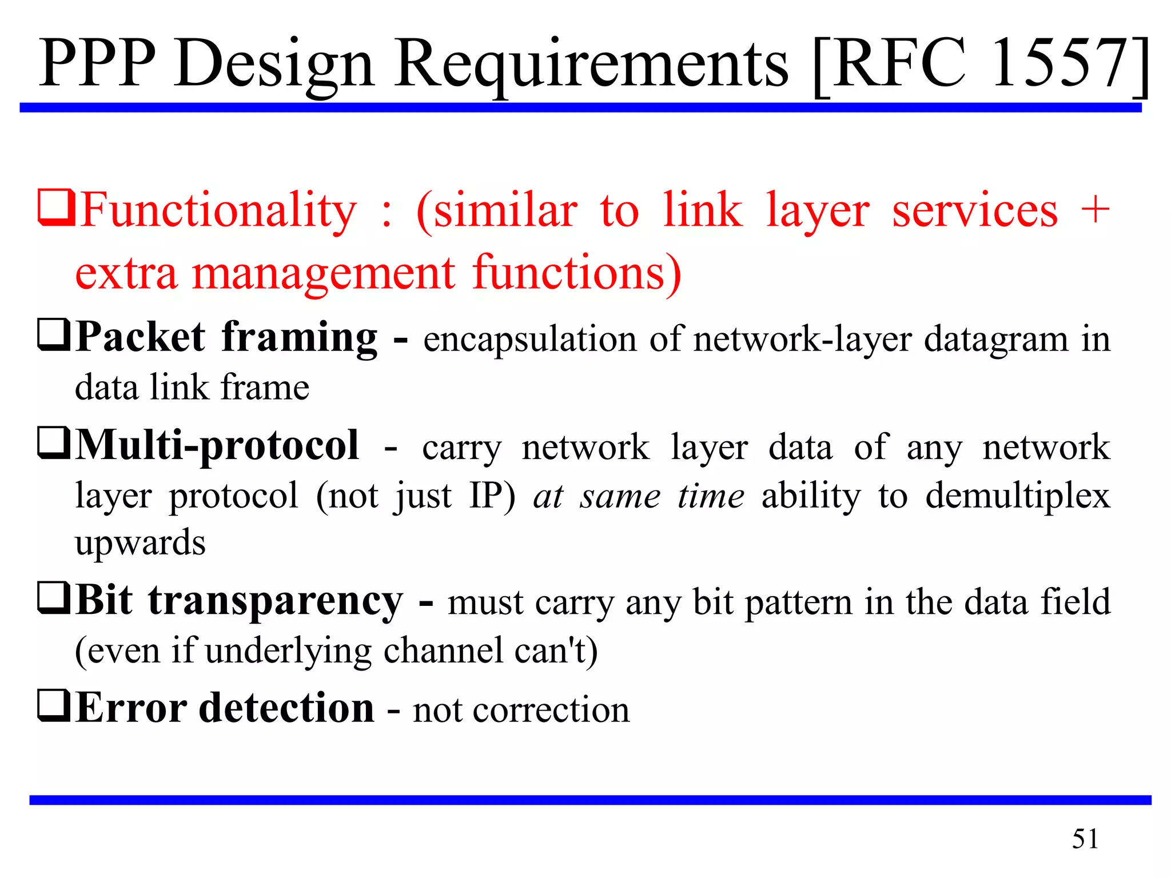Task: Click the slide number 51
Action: (1085, 839)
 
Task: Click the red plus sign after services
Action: (1094, 209)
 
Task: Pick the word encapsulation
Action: (529, 340)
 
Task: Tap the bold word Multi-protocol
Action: (217, 446)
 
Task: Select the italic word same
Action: (620, 496)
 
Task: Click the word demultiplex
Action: (1018, 495)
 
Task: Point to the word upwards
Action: (140, 543)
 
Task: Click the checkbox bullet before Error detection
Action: (54, 706)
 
